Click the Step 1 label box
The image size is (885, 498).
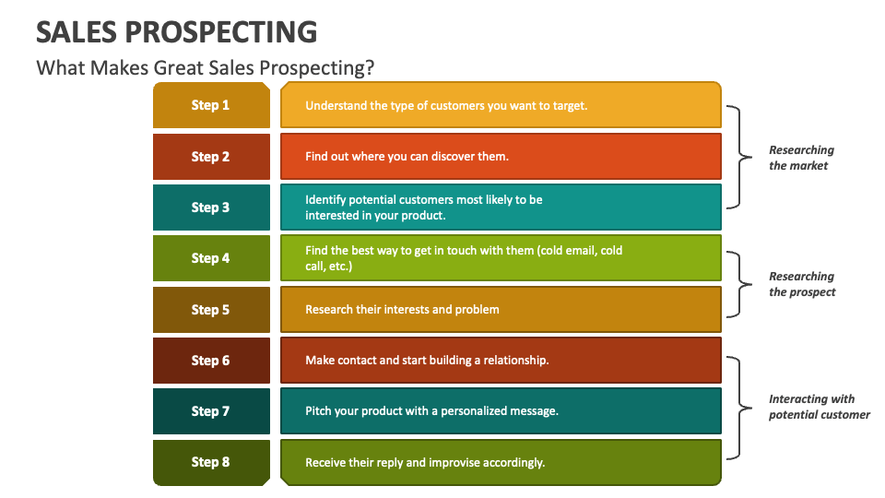[x=211, y=105]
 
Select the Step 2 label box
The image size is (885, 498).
[x=211, y=157]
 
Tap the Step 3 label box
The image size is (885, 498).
[x=211, y=207]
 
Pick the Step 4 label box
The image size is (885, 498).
[x=211, y=258]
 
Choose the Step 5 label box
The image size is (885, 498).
[x=211, y=310]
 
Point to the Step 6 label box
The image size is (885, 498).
[x=211, y=361]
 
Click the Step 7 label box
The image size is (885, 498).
[x=211, y=411]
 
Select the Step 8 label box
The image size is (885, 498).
[x=211, y=462]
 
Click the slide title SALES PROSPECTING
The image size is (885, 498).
[x=176, y=32]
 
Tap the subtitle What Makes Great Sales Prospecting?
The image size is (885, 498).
[x=205, y=68]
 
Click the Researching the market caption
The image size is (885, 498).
[x=801, y=158]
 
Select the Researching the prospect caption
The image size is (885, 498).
[x=802, y=284]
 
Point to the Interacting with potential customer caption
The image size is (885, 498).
[x=819, y=407]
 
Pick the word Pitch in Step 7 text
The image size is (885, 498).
[x=319, y=411]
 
